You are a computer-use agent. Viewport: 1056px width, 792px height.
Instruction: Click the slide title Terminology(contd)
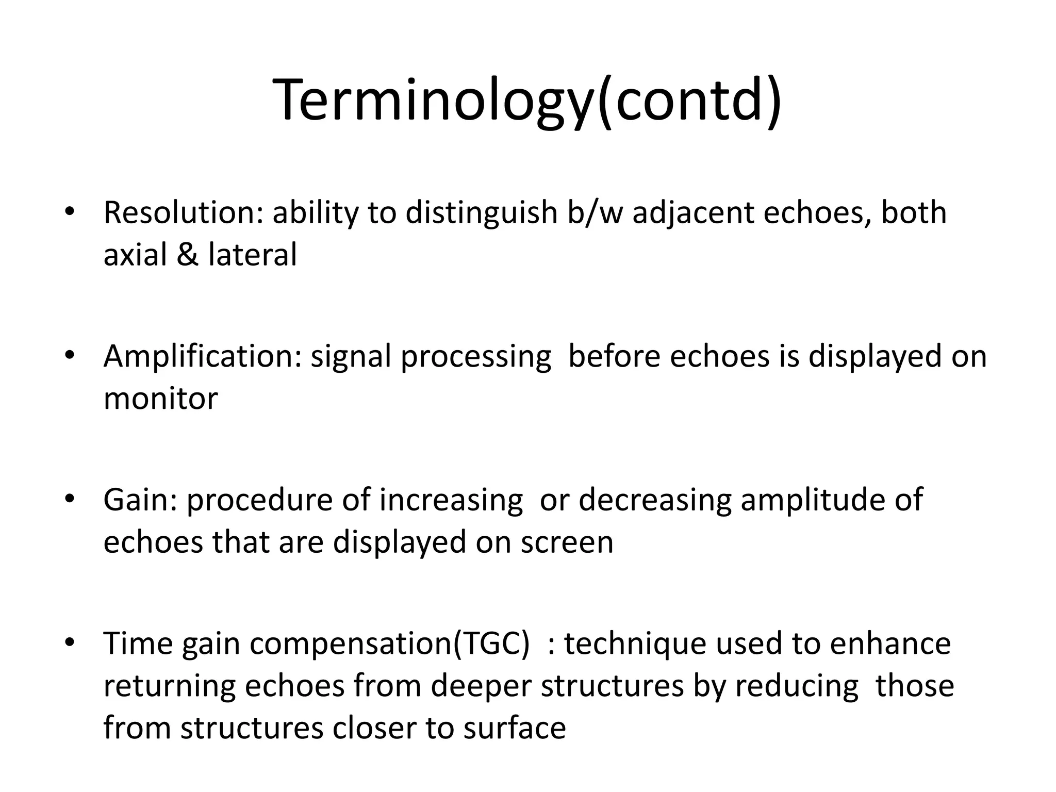coord(528,101)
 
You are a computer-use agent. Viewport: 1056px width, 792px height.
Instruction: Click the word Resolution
coord(179,212)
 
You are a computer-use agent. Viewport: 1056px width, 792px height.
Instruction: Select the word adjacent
coord(693,213)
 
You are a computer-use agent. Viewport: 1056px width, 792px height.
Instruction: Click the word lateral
coord(253,255)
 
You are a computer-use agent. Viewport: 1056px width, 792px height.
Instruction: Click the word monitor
coord(160,399)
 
